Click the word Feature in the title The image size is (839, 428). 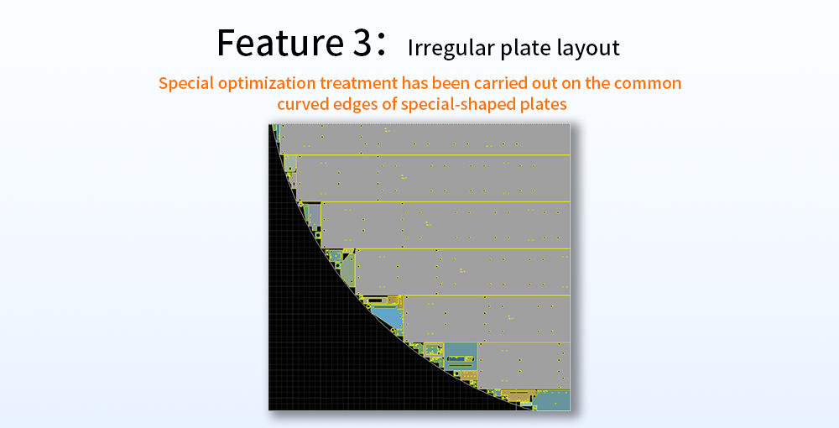click(280, 43)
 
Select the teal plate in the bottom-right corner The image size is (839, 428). click(552, 400)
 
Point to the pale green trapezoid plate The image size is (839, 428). click(349, 271)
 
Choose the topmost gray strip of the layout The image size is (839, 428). click(425, 139)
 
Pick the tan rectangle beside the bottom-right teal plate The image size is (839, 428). click(519, 395)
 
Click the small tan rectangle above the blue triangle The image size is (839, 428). click(393, 300)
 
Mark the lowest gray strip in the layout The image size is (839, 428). click(524, 365)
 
